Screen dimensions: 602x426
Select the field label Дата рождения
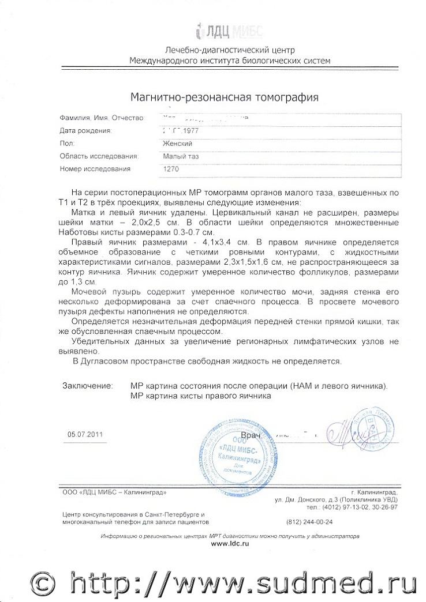85,131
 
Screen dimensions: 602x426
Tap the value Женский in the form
178,143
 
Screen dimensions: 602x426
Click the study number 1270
173,169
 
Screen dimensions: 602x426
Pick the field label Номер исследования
95,169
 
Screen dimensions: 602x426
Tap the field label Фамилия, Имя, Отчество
102,118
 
